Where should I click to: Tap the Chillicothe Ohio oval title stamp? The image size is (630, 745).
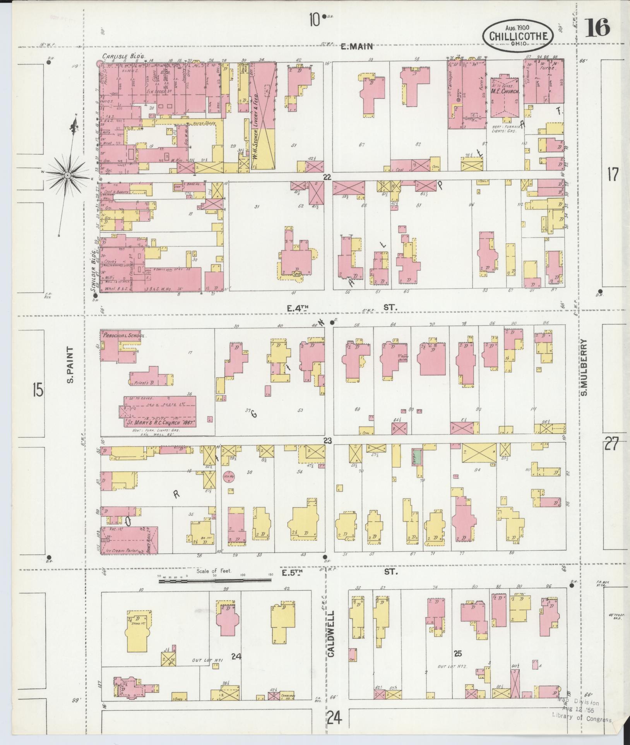[x=518, y=36]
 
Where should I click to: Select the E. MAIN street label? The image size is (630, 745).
[x=357, y=47]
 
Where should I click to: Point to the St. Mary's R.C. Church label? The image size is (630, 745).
[x=160, y=423]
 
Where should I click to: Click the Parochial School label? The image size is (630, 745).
[x=123, y=336]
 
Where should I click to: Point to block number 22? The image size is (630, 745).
[x=327, y=177]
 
